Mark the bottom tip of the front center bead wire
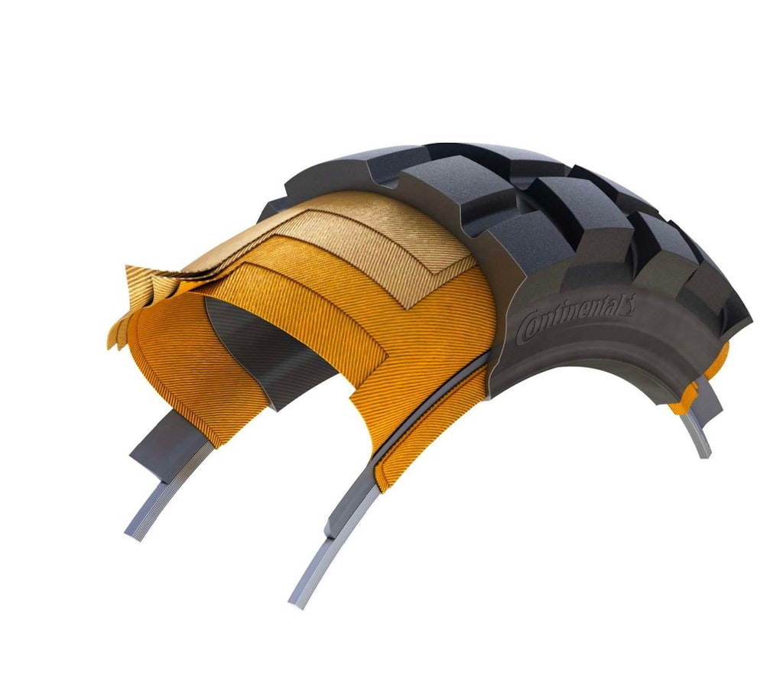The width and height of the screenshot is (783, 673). point(301,600)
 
